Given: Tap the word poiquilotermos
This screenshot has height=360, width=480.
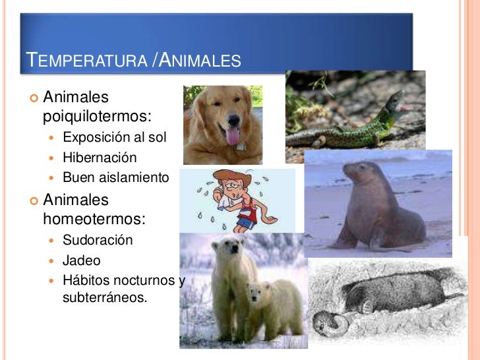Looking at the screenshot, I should tap(97, 117).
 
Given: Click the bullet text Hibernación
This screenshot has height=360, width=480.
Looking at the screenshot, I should tap(100, 158).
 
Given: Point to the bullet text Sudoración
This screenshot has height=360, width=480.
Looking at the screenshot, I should tap(98, 240).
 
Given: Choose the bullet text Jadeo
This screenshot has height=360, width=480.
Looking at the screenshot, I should tap(81, 260).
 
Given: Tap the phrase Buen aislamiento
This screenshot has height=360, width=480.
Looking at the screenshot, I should tap(116, 177).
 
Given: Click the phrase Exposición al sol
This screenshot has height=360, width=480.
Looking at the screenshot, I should tap(115, 138).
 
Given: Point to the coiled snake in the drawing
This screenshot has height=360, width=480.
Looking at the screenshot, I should tap(328, 324).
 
